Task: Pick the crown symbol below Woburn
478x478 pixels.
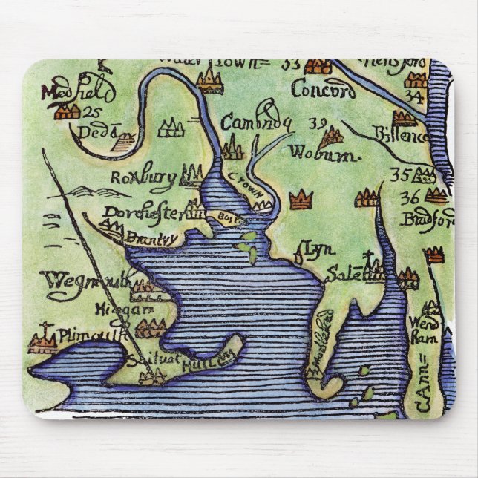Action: [x=301, y=199]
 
